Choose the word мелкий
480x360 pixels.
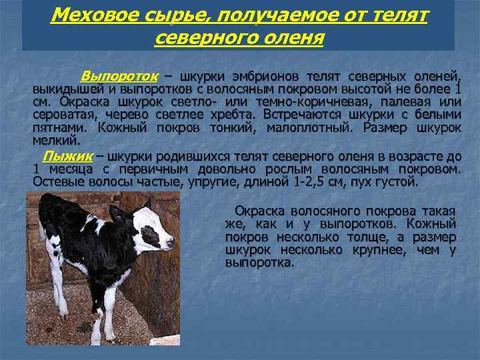pos(56,141)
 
